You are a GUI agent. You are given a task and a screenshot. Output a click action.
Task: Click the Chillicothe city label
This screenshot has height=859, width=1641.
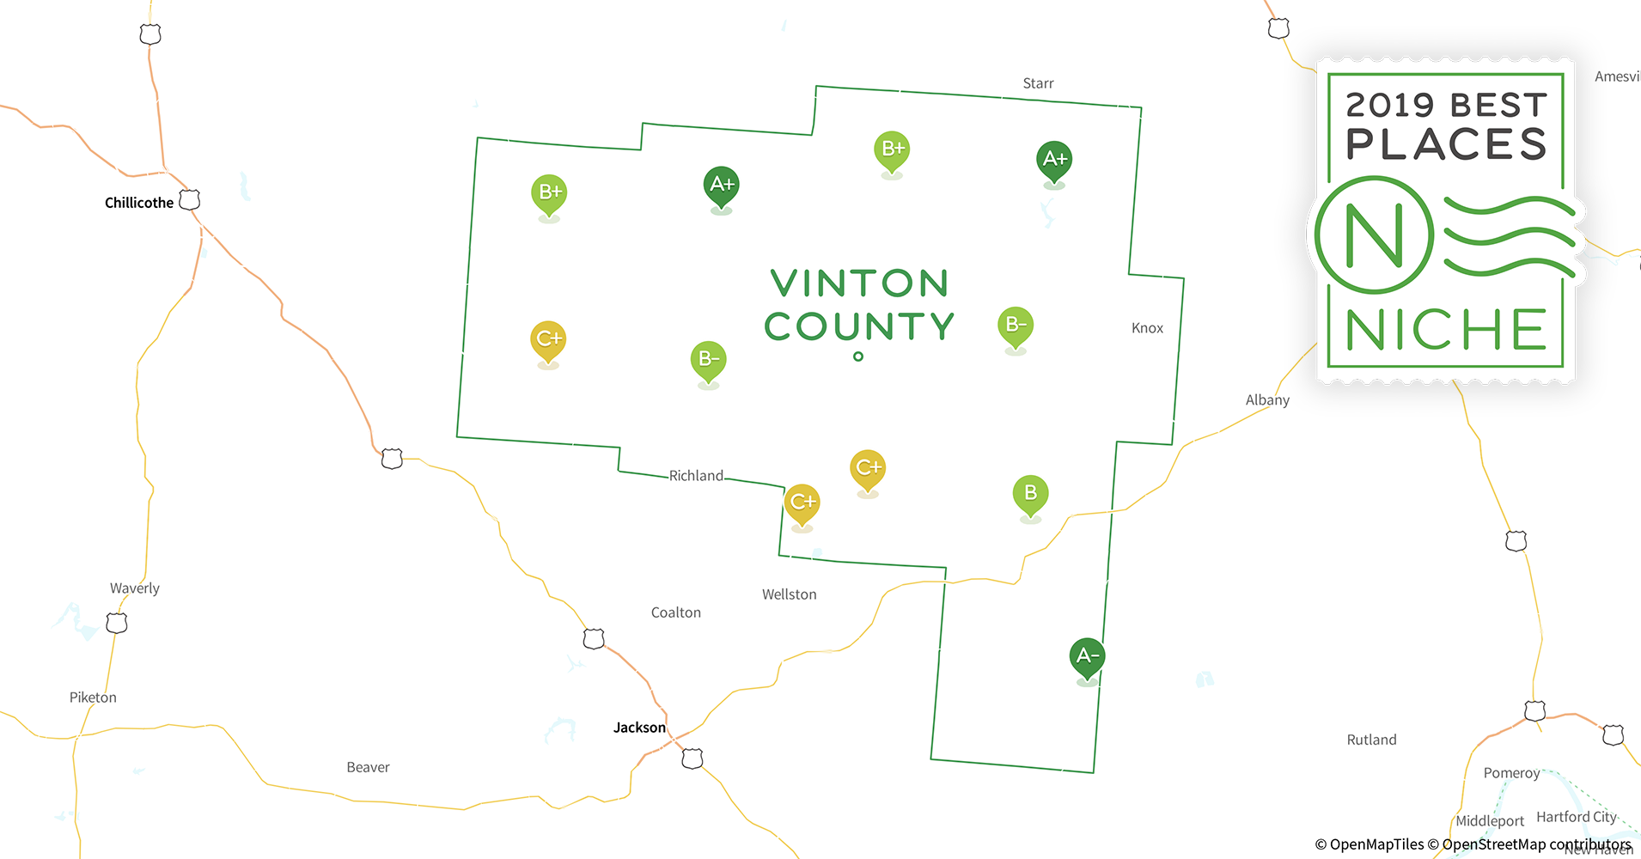[x=139, y=203]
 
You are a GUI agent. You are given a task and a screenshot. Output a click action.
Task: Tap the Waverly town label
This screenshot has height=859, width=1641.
[x=135, y=588]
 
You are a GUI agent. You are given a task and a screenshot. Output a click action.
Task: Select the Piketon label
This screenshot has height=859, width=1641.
[x=93, y=698]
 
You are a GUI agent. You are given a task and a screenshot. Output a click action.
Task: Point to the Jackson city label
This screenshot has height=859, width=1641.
[x=639, y=728]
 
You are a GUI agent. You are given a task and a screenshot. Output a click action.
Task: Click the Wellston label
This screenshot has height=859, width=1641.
[x=789, y=594]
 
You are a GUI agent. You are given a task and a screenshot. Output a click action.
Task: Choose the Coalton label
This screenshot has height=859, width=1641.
[x=676, y=612]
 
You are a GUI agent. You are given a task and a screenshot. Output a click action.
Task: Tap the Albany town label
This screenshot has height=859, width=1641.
[x=1267, y=399]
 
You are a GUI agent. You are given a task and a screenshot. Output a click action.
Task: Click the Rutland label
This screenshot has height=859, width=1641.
[x=1371, y=740]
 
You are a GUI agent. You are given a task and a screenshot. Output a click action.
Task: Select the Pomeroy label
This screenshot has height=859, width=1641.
[x=1511, y=773]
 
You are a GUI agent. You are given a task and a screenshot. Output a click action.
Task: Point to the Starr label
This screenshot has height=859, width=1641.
[x=1038, y=83]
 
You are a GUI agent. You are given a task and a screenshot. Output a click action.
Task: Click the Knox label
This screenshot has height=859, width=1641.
[x=1147, y=328]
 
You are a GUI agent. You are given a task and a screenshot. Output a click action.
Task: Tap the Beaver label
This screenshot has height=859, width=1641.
[x=368, y=767]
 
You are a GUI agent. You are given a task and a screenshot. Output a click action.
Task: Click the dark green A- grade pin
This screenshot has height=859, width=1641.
[x=1087, y=657]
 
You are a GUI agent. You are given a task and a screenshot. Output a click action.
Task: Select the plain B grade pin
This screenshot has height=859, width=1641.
[x=1030, y=494]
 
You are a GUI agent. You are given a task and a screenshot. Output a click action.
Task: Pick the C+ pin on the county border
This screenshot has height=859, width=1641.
[x=802, y=503]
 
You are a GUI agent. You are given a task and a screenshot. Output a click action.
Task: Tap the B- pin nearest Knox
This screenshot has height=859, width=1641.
[x=1016, y=326]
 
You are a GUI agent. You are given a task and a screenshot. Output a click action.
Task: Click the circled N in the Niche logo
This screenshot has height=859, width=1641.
[x=1374, y=235]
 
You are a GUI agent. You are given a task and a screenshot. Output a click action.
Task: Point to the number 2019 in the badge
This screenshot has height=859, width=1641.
[x=1389, y=106]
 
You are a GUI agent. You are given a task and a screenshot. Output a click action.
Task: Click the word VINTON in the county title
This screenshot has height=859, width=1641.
[x=859, y=283]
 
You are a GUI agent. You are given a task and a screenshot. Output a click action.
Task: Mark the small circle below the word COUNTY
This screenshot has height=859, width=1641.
[x=858, y=356]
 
